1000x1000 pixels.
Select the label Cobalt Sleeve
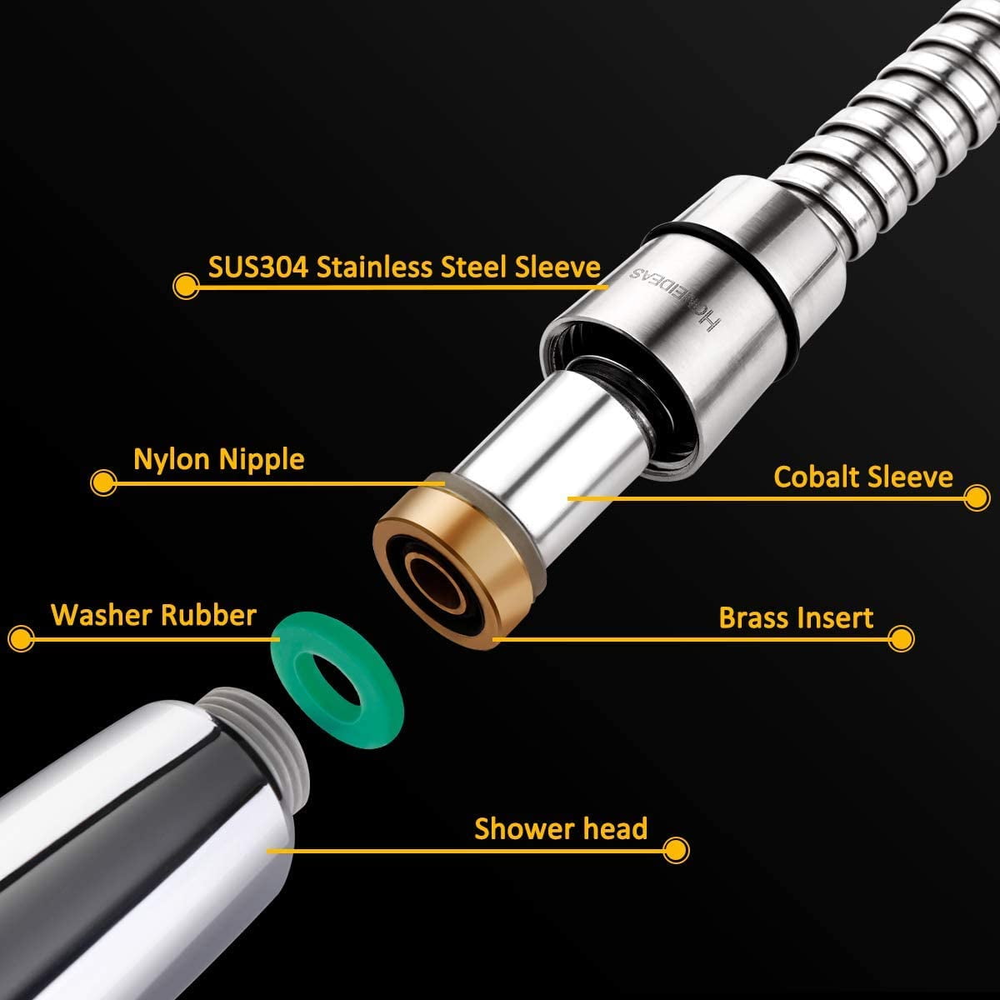click(x=863, y=477)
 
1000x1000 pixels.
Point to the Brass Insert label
click(x=796, y=617)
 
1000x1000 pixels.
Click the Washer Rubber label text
click(x=153, y=615)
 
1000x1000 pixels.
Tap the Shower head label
click(x=561, y=828)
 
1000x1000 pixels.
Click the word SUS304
click(x=257, y=267)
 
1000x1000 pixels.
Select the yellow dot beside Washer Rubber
click(x=22, y=638)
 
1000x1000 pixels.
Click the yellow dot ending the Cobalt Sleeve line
click(x=977, y=498)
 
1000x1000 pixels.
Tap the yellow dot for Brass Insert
click(x=901, y=639)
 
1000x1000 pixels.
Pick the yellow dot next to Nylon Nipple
click(x=103, y=483)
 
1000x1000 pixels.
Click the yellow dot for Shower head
click(x=676, y=851)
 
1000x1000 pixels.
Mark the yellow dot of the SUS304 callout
click(x=185, y=286)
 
